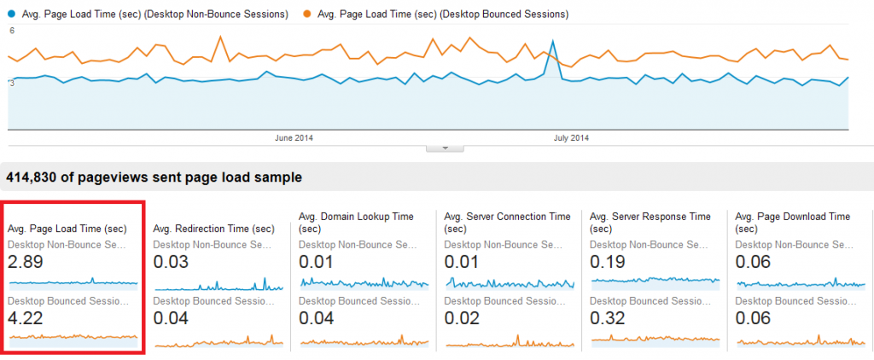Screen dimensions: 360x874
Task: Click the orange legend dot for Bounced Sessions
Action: pyautogui.click(x=305, y=15)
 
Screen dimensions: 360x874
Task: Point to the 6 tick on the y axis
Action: pyautogui.click(x=12, y=31)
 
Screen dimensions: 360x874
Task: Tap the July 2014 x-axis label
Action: pyautogui.click(x=571, y=137)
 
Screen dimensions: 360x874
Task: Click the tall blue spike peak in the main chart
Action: pyautogui.click(x=554, y=40)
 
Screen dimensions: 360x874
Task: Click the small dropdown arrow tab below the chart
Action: pyautogui.click(x=444, y=148)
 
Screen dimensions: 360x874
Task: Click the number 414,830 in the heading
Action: pyautogui.click(x=32, y=177)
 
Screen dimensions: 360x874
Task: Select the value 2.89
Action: pyautogui.click(x=26, y=261)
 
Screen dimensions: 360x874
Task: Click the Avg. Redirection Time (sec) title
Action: pyautogui.click(x=213, y=229)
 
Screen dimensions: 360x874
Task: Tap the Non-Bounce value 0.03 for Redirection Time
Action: pyautogui.click(x=172, y=261)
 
